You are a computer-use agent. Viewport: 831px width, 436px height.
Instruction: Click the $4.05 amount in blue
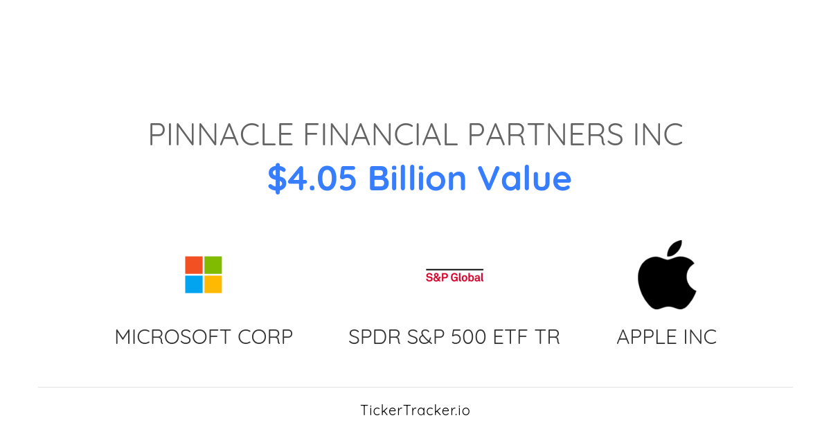(x=312, y=179)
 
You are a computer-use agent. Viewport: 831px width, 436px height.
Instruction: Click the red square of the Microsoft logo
(x=194, y=265)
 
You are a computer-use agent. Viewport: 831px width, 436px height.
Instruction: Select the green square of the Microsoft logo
(x=213, y=265)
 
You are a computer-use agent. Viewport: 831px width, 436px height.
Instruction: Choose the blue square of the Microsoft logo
(x=194, y=284)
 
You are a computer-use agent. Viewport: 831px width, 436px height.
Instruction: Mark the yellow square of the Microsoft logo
(x=213, y=284)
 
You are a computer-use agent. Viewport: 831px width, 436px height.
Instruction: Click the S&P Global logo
(x=454, y=276)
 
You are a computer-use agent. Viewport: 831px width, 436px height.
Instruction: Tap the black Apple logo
(x=666, y=280)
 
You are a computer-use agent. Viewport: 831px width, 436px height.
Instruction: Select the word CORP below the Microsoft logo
(x=265, y=337)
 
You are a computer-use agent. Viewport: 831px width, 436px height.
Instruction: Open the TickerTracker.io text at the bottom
(x=415, y=410)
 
